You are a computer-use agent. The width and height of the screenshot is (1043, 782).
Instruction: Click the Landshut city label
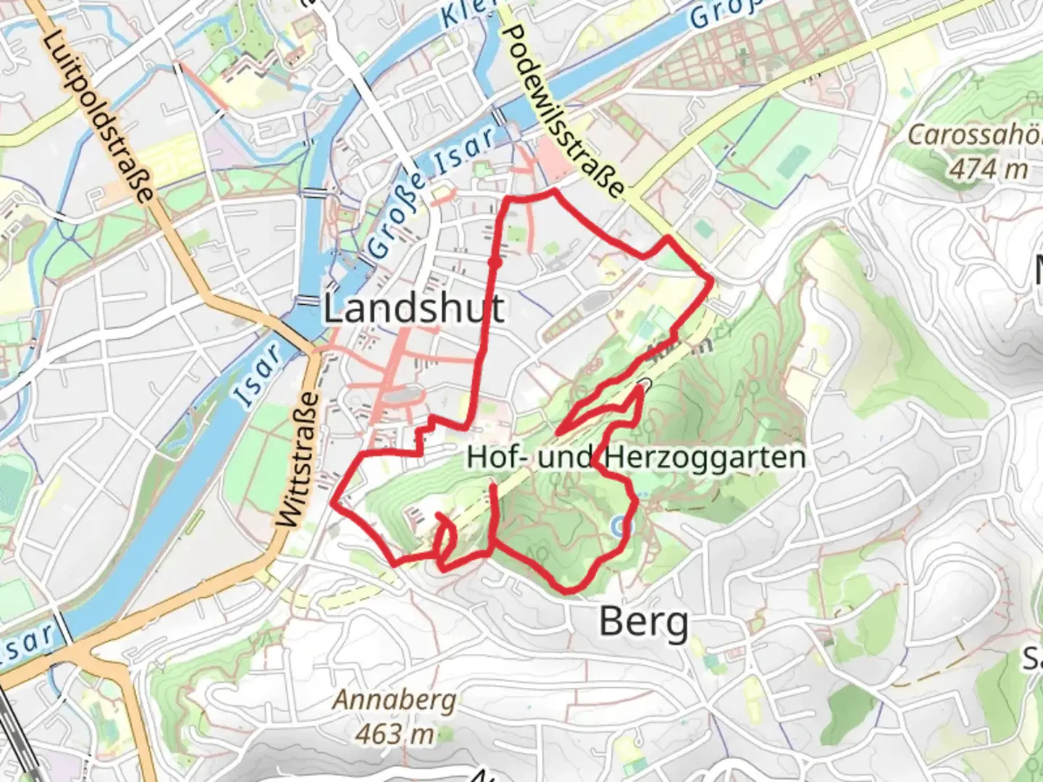coord(413,309)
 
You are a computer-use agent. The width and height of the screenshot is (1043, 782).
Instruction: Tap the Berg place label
coord(643,623)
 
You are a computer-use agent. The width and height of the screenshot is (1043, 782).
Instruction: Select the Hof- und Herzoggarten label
coord(635,458)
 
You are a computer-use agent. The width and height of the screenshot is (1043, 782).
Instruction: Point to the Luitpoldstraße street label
coord(99,115)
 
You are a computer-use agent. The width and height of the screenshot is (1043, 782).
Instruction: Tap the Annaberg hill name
coord(395,700)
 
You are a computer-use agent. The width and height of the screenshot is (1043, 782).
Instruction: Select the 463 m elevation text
coord(395,733)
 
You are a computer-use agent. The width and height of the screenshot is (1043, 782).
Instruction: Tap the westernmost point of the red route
coord(332,501)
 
